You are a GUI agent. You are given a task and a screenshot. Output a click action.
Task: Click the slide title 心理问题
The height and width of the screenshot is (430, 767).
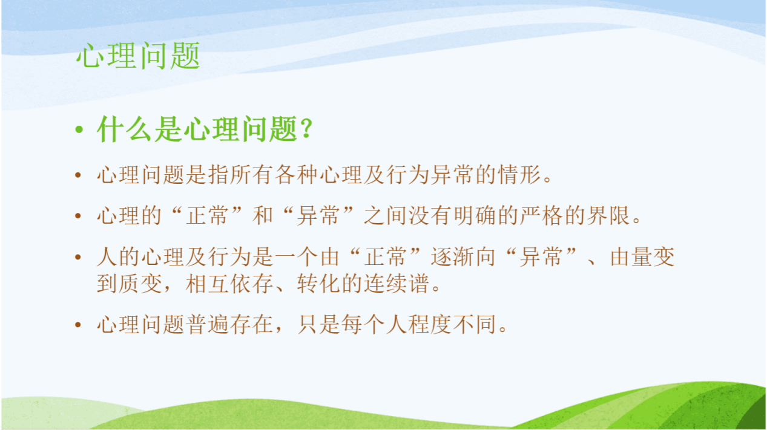coord(138,56)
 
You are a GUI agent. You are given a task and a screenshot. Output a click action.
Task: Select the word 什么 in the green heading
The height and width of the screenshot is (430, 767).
coord(124,129)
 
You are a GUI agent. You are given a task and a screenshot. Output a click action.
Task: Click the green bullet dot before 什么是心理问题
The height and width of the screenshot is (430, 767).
coord(79,129)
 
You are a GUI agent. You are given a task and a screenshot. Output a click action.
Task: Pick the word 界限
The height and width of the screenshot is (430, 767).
coord(608,215)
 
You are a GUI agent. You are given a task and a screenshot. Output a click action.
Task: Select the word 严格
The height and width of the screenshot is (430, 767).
coord(542,215)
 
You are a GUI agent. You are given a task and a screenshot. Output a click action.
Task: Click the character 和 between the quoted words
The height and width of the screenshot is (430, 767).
coord(263,215)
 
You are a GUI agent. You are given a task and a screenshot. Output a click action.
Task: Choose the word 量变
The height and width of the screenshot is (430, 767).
coord(653,256)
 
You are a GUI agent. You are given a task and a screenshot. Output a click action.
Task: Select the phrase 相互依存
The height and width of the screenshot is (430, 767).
coord(229,284)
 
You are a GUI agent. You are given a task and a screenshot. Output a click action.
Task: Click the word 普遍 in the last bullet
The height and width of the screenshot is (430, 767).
coord(208,324)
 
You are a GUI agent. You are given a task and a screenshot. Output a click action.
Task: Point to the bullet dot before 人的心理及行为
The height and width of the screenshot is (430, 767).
coord(78,256)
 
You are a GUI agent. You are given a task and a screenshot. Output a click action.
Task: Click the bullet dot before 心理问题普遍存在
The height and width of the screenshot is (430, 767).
coord(78,325)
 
